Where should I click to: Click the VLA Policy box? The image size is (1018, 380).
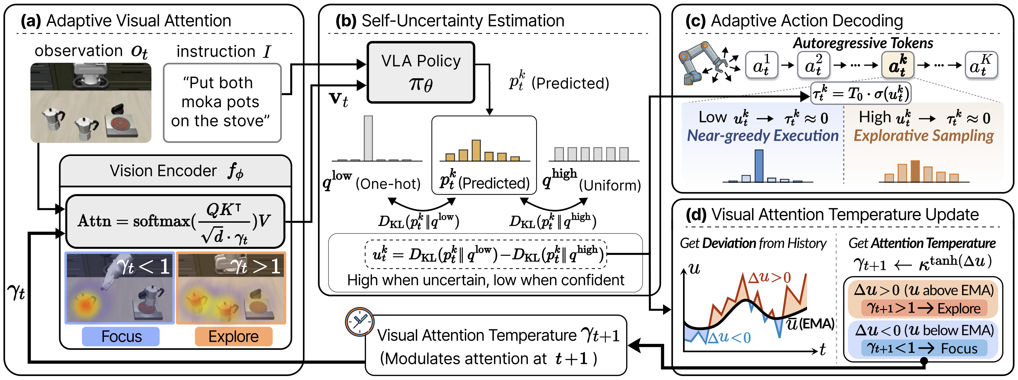[x=421, y=72]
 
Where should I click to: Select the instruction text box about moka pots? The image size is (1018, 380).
[x=222, y=103]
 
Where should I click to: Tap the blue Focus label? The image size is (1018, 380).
[x=121, y=337]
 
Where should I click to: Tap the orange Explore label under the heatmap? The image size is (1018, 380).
[x=234, y=337]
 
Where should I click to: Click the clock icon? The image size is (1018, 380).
[x=359, y=321]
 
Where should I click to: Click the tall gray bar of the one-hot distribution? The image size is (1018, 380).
[x=368, y=138]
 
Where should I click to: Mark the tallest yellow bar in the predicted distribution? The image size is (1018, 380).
[x=476, y=150]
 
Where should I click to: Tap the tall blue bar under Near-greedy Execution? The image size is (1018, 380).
[x=759, y=166]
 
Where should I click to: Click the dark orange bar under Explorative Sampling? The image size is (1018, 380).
[x=915, y=171]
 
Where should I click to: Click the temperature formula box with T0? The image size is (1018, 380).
[x=861, y=94]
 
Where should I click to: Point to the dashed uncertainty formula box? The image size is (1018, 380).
[x=486, y=254]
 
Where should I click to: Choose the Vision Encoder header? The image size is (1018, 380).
[x=175, y=171]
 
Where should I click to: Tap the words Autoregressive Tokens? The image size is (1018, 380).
[x=863, y=43]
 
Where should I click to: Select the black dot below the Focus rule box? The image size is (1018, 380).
[x=924, y=361]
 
